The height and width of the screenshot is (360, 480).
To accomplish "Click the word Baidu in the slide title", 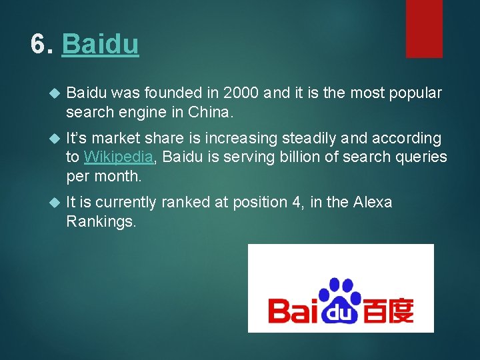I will click(100, 45).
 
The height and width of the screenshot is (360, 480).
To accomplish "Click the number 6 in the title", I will click(39, 45).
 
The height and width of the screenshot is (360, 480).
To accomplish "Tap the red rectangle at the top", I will click(424, 28).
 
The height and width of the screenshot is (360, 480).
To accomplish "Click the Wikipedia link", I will click(119, 157).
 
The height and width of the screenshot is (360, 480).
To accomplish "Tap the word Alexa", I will click(372, 203).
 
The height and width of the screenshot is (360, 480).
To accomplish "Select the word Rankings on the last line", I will click(101, 221).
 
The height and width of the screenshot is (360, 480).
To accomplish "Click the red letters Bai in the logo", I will click(291, 310).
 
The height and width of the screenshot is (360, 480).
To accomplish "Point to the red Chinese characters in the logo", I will click(388, 310).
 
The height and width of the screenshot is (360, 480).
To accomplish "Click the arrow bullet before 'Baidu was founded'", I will click(55, 93).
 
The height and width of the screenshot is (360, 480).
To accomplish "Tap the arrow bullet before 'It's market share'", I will click(55, 139).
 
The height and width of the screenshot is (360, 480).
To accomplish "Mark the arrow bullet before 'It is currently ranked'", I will click(55, 203).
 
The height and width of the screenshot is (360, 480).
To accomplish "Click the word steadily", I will click(305, 138).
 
